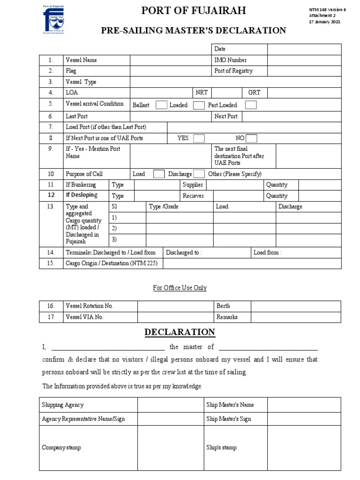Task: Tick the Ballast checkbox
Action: [161, 105]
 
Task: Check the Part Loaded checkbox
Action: [251, 105]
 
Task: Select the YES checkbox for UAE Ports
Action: [199, 138]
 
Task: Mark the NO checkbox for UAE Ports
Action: [251, 138]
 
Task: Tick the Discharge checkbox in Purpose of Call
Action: [199, 174]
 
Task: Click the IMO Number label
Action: [230, 60]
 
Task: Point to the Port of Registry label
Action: [233, 71]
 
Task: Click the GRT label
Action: [254, 93]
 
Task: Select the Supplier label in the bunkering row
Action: [193, 185]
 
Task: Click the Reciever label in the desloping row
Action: [193, 196]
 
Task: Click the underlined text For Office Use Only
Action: [180, 288]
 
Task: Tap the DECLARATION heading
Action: [180, 332]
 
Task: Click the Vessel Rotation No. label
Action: [90, 306]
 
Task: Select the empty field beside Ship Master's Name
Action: [301, 405]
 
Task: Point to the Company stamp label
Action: [61, 448]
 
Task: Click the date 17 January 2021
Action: [325, 22]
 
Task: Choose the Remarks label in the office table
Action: [227, 317]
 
